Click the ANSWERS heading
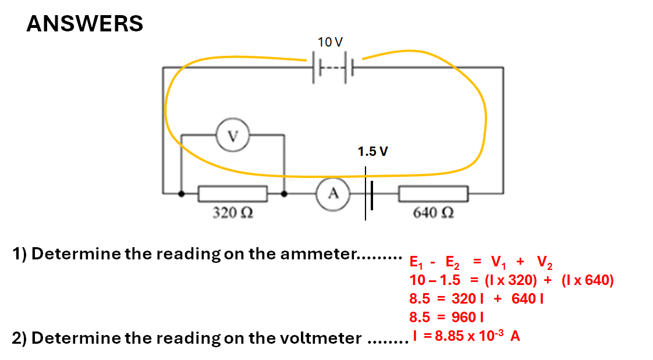(85, 24)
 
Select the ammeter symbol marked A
(333, 194)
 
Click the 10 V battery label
(330, 42)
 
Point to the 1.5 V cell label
(373, 152)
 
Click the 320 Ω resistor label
(232, 213)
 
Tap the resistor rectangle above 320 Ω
(233, 194)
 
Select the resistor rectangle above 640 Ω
(433, 194)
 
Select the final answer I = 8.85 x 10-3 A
(466, 336)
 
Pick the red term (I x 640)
(588, 280)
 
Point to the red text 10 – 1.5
(435, 280)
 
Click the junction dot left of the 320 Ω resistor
(182, 194)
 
